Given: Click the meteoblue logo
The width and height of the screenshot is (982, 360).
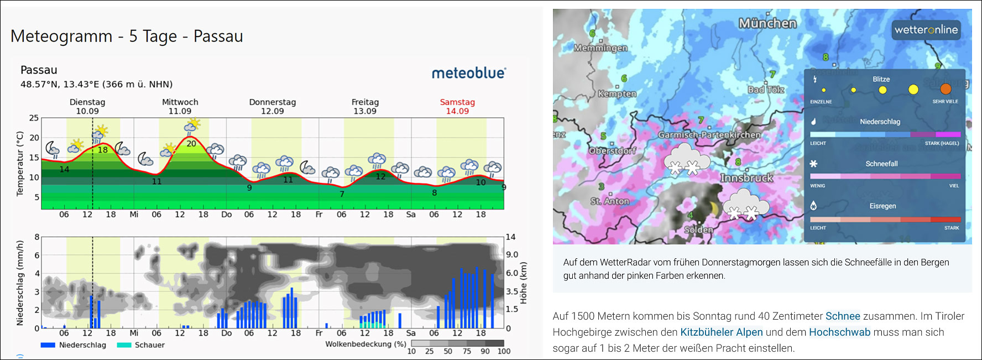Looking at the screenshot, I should pyautogui.click(x=468, y=73).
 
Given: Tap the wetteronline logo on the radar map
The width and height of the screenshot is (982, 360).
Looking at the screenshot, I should pyautogui.click(x=926, y=30).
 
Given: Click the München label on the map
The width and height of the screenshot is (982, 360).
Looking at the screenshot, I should pyautogui.click(x=767, y=23).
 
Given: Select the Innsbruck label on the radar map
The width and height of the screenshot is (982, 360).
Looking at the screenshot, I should pyautogui.click(x=746, y=178).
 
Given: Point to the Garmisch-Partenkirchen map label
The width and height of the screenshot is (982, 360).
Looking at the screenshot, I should pyautogui.click(x=709, y=135).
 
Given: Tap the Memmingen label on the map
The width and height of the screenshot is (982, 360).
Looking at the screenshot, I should pyautogui.click(x=600, y=48).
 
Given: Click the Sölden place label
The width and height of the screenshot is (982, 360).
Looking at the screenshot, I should pyautogui.click(x=699, y=229).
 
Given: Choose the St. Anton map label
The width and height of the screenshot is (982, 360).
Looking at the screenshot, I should pyautogui.click(x=610, y=201).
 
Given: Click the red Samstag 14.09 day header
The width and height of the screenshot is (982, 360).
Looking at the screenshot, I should pyautogui.click(x=457, y=106).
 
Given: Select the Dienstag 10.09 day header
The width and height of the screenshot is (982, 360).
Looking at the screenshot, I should pyautogui.click(x=87, y=106).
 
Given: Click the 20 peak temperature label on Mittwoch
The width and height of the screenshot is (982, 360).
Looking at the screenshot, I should pyautogui.click(x=191, y=144).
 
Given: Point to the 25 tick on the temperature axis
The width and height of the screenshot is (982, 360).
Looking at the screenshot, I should pyautogui.click(x=34, y=118).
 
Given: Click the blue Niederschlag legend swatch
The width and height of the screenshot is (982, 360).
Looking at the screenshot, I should pyautogui.click(x=48, y=345).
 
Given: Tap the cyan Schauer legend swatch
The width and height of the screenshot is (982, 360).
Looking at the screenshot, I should pyautogui.click(x=124, y=345).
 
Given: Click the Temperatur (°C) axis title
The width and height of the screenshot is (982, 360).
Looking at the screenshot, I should pyautogui.click(x=20, y=164).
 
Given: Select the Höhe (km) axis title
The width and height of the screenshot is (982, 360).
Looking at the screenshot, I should pyautogui.click(x=523, y=283).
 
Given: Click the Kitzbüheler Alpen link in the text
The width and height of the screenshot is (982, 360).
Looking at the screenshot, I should pyautogui.click(x=721, y=332).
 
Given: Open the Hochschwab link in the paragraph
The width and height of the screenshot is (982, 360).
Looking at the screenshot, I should pyautogui.click(x=839, y=332).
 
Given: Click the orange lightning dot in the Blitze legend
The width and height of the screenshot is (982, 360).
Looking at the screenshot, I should pyautogui.click(x=946, y=89).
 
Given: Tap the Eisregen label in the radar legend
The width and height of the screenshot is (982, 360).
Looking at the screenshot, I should pyautogui.click(x=882, y=206).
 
